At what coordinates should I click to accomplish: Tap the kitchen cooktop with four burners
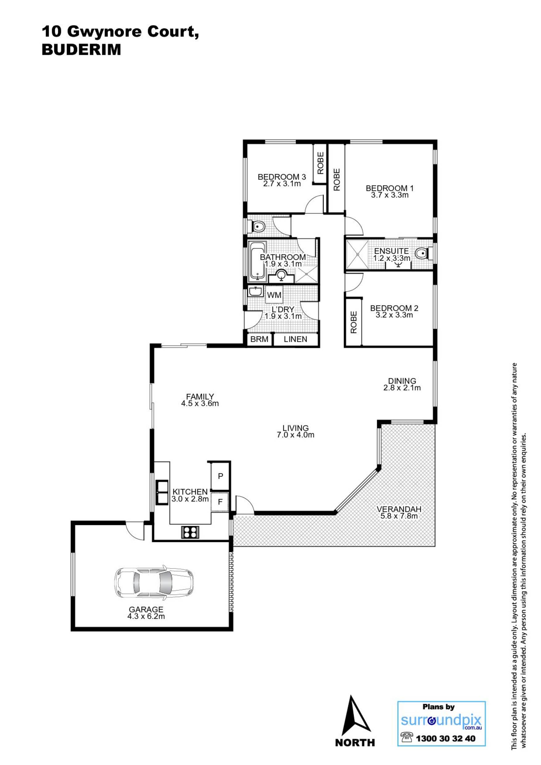pos(190,532)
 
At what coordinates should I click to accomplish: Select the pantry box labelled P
pos(220,476)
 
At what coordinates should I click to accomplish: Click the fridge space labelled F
pos(220,502)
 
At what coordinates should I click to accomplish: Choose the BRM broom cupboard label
pos(259,339)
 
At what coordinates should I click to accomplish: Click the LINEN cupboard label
pos(295,339)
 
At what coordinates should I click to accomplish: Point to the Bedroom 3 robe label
pos(320,163)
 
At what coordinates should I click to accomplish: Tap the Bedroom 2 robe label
pos(353,322)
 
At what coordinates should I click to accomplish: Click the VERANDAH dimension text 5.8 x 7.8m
pos(399,516)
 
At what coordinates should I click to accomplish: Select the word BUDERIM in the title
pos(81,50)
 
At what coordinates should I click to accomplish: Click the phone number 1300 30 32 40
pos(446,739)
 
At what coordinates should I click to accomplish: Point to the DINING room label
pos(402,381)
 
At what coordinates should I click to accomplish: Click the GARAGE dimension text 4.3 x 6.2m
pos(146,616)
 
